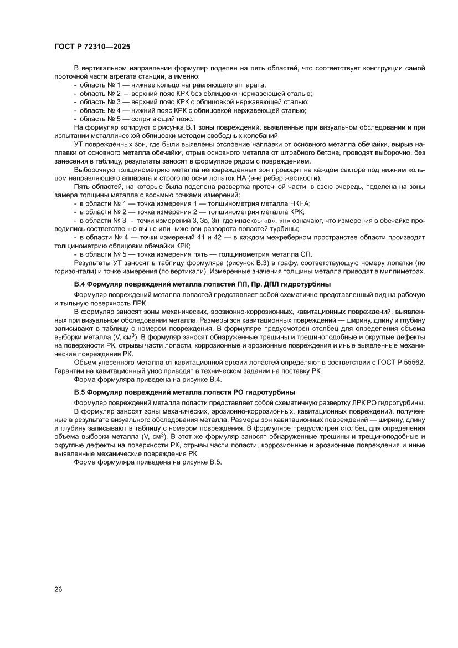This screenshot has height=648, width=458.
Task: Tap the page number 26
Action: [x=59, y=589]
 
